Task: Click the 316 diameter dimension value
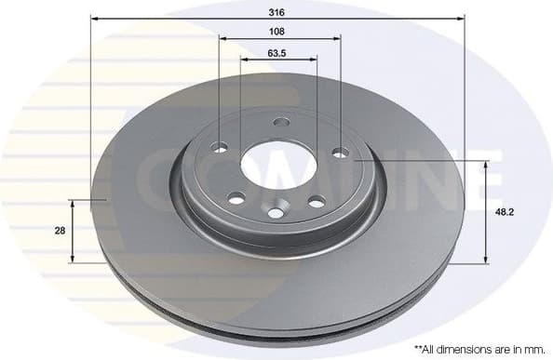coord(276,11)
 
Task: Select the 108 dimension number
coord(276,31)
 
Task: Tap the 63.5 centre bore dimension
coord(276,53)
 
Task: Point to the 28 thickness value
coord(60,231)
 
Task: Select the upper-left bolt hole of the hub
coord(221,147)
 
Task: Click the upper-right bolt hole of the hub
coord(340,152)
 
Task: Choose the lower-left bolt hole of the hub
coord(236,197)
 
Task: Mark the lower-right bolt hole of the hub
coord(317,201)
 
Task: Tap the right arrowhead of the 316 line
coord(459,19)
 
